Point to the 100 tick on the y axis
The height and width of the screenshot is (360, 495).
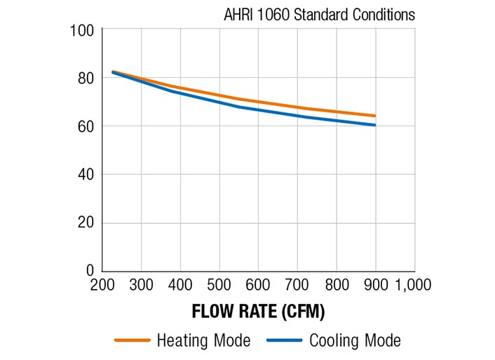(82, 30)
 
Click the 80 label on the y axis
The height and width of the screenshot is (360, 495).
(85, 79)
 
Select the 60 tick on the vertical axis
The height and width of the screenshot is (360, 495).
(85, 127)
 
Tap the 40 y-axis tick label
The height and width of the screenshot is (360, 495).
(85, 175)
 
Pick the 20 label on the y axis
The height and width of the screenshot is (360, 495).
(85, 223)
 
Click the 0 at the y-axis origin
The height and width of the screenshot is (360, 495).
(89, 271)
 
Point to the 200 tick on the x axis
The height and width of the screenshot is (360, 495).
(103, 284)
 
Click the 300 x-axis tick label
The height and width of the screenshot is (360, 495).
(142, 284)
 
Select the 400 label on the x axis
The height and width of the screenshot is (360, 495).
(181, 284)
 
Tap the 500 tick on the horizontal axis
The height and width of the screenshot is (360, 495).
(219, 284)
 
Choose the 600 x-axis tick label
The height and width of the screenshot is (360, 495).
(259, 284)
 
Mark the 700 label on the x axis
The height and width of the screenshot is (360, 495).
(297, 284)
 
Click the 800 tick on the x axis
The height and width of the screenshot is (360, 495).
(337, 284)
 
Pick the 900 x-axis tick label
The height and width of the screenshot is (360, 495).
(375, 284)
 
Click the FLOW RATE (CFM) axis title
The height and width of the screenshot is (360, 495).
(259, 311)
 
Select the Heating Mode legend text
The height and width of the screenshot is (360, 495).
(203, 341)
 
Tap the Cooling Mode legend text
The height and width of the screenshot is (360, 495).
(355, 341)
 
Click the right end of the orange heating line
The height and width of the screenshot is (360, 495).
(375, 116)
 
